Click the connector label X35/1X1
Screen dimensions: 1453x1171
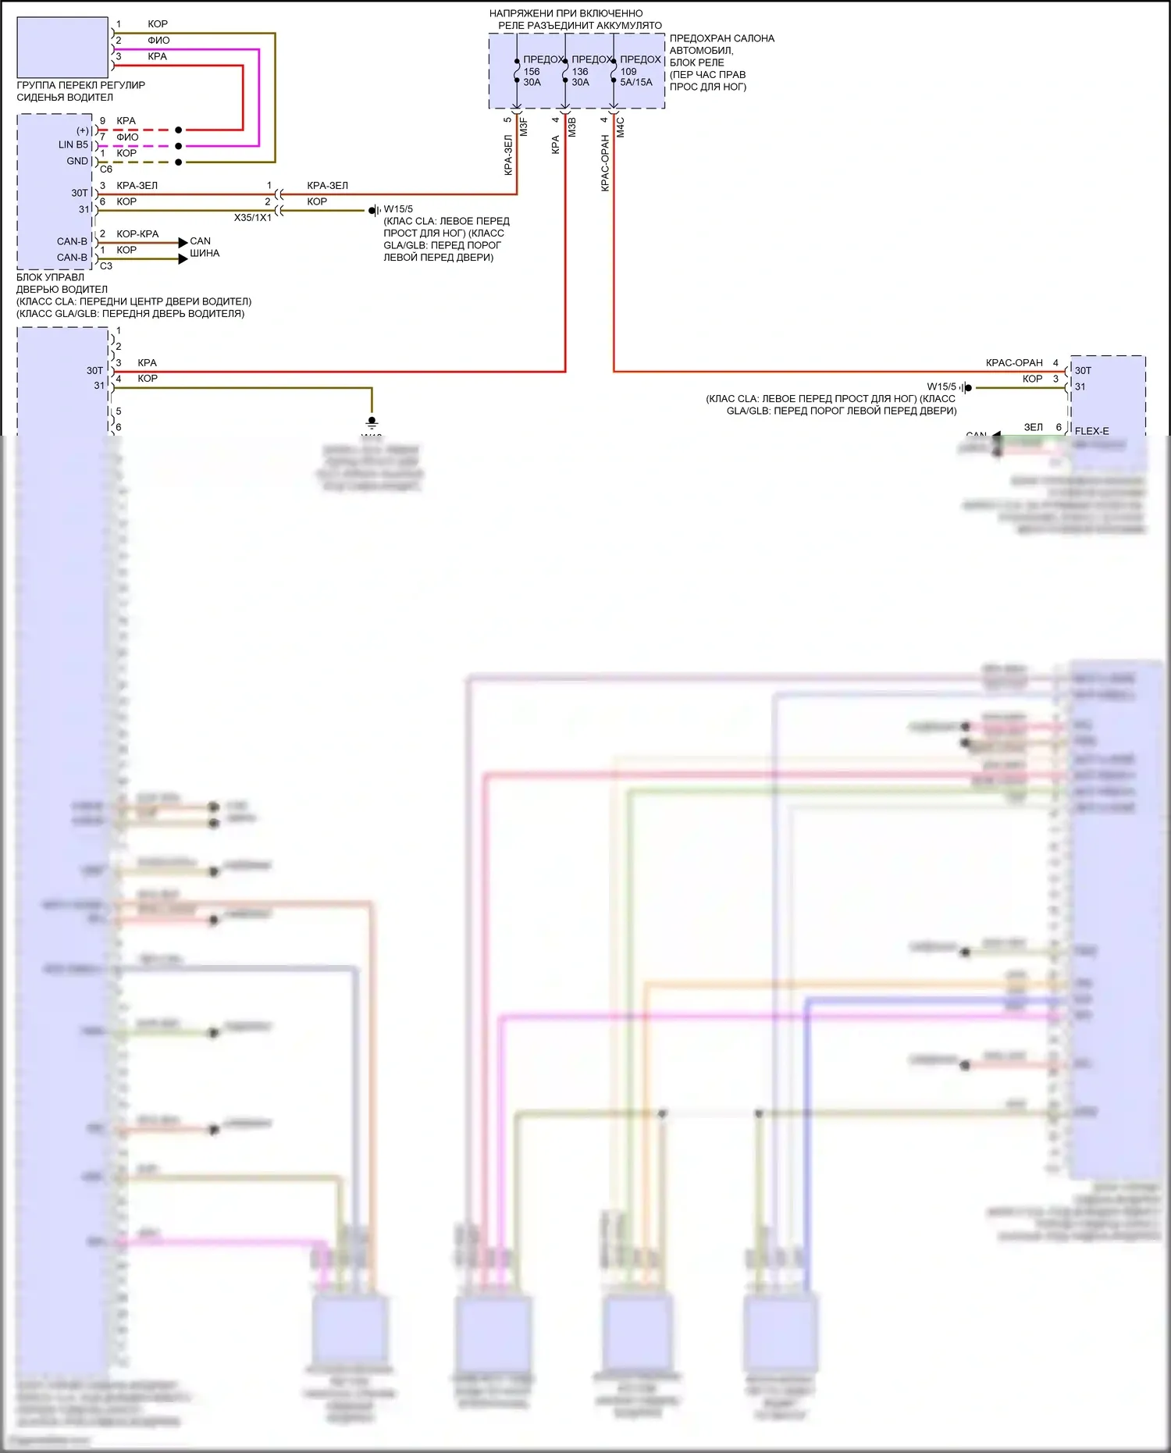pyautogui.click(x=253, y=218)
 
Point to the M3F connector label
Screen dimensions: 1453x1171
pyautogui.click(x=524, y=127)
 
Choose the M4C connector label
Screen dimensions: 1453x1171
pyautogui.click(x=621, y=127)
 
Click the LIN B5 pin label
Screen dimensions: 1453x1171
pyautogui.click(x=73, y=145)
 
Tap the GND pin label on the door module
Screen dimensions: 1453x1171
pyautogui.click(x=77, y=162)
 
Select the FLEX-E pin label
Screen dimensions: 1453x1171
pyautogui.click(x=1091, y=431)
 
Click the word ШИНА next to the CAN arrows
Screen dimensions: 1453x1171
pyautogui.click(x=205, y=253)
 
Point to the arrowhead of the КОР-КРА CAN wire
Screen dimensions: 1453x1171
pyautogui.click(x=183, y=243)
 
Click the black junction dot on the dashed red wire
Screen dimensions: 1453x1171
pyautogui.click(x=179, y=130)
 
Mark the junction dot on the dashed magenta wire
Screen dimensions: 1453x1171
pyautogui.click(x=179, y=146)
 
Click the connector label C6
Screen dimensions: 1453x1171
pyautogui.click(x=106, y=169)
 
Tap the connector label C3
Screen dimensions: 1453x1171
pyautogui.click(x=106, y=266)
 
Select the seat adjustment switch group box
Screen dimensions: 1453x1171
pyautogui.click(x=62, y=48)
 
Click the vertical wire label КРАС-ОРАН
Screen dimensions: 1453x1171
pyautogui.click(x=605, y=163)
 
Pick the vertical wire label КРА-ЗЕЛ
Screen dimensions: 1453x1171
pyautogui.click(x=508, y=155)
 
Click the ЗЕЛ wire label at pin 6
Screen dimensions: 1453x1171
pyautogui.click(x=1033, y=427)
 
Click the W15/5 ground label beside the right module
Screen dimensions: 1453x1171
pyautogui.click(x=941, y=386)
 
